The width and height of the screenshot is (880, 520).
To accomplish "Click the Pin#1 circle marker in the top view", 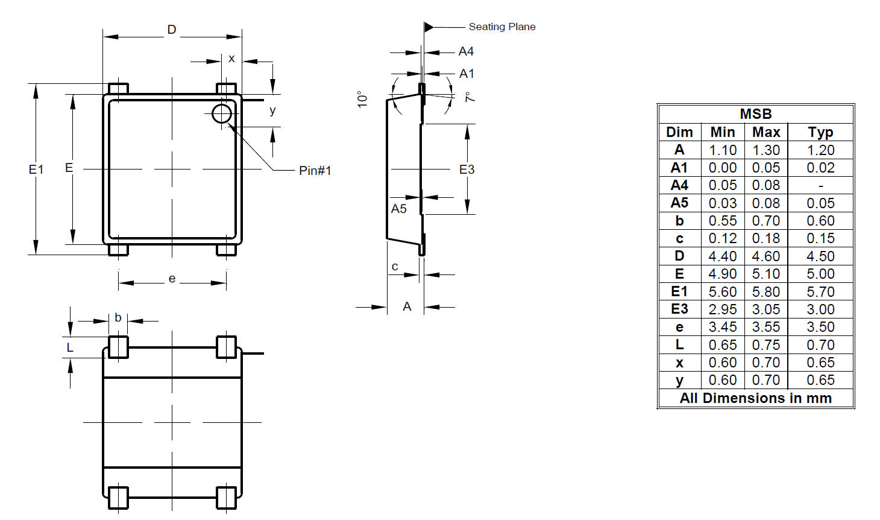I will [222, 113].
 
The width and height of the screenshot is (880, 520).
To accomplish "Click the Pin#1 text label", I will [315, 171].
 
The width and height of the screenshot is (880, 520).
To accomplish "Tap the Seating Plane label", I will [501, 27].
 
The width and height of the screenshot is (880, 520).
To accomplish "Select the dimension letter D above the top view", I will [172, 30].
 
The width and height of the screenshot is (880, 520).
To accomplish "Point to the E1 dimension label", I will [36, 170].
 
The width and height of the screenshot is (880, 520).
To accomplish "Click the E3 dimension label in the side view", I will [467, 170].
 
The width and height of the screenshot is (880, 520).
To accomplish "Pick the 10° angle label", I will [362, 99].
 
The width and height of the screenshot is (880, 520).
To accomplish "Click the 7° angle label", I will [469, 97].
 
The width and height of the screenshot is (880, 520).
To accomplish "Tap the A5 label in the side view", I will [398, 209].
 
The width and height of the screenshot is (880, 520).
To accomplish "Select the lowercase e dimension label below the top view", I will [172, 279].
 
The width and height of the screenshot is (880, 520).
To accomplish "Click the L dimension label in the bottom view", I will [70, 347].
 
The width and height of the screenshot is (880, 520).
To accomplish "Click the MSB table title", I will [755, 114].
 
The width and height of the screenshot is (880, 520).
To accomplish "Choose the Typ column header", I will [820, 132].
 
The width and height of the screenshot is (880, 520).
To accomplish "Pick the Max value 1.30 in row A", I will [765, 150].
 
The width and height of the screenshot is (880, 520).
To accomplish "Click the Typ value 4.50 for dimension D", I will [820, 256].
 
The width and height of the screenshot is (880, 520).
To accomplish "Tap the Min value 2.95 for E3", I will [722, 309].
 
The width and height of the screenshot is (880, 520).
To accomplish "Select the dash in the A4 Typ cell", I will [820, 186].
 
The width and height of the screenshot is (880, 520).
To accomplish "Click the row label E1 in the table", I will [679, 292].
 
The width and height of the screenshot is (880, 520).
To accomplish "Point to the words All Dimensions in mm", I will [755, 398].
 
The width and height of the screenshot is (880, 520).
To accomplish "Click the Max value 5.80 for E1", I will [765, 292].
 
